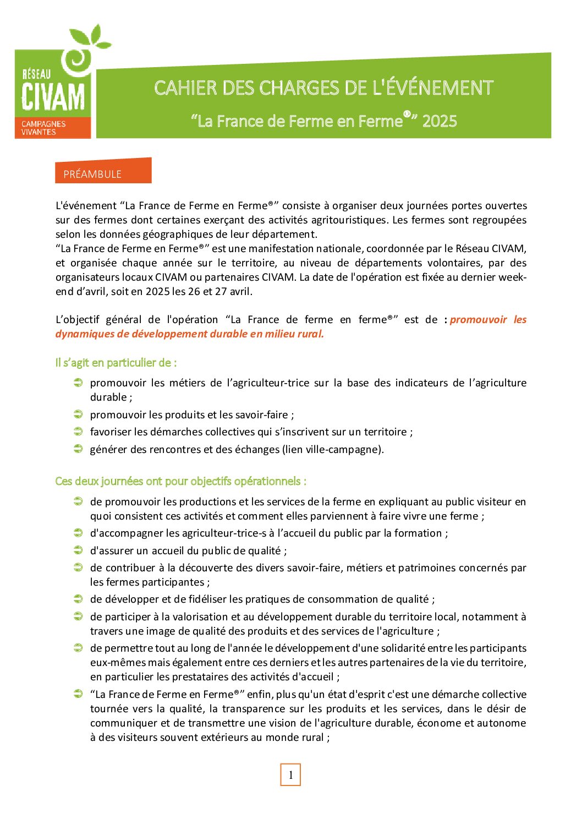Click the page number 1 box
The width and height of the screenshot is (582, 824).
(x=290, y=774)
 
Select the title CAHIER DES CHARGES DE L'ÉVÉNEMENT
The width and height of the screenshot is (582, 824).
(x=323, y=88)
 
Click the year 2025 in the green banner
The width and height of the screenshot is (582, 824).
(x=440, y=121)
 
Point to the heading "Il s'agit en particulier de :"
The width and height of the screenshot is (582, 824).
(x=116, y=363)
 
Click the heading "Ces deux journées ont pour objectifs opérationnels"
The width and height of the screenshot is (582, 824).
(x=180, y=481)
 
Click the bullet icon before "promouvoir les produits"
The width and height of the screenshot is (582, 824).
(x=78, y=414)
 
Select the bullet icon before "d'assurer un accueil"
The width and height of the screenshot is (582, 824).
(x=78, y=550)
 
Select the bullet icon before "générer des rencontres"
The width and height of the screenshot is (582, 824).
(x=78, y=449)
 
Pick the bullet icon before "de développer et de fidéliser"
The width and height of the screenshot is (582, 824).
(x=78, y=599)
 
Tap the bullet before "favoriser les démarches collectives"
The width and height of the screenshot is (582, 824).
(x=78, y=432)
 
